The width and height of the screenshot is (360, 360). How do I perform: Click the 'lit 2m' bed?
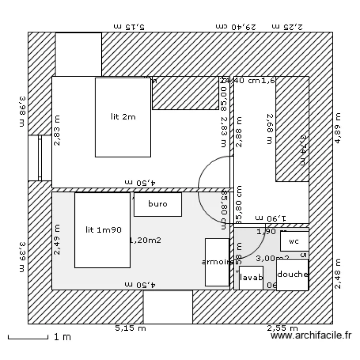pyautogui.click(x=123, y=117)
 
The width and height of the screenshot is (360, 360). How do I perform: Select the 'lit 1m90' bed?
pyautogui.click(x=103, y=230)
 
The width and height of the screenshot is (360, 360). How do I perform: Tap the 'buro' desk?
pyautogui.click(x=157, y=204)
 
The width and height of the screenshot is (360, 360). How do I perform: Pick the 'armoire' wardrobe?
pyautogui.click(x=217, y=262)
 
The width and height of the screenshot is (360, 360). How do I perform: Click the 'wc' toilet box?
pyautogui.click(x=294, y=242)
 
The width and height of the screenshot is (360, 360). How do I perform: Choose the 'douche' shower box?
pyautogui.click(x=292, y=275)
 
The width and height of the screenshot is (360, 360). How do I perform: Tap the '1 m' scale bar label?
pyautogui.click(x=62, y=337)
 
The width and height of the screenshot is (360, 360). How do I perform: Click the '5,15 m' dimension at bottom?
pyautogui.click(x=130, y=328)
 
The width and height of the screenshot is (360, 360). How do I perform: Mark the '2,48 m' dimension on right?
pyautogui.click(x=338, y=274)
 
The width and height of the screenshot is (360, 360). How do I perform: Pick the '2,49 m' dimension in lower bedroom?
pyautogui.click(x=57, y=240)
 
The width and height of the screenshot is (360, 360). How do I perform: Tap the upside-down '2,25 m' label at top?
pyautogui.click(x=287, y=26)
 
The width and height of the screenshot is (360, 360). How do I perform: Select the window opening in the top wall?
pyautogui.click(x=78, y=54)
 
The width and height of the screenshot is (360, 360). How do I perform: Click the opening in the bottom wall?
pyautogui.click(x=168, y=307)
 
